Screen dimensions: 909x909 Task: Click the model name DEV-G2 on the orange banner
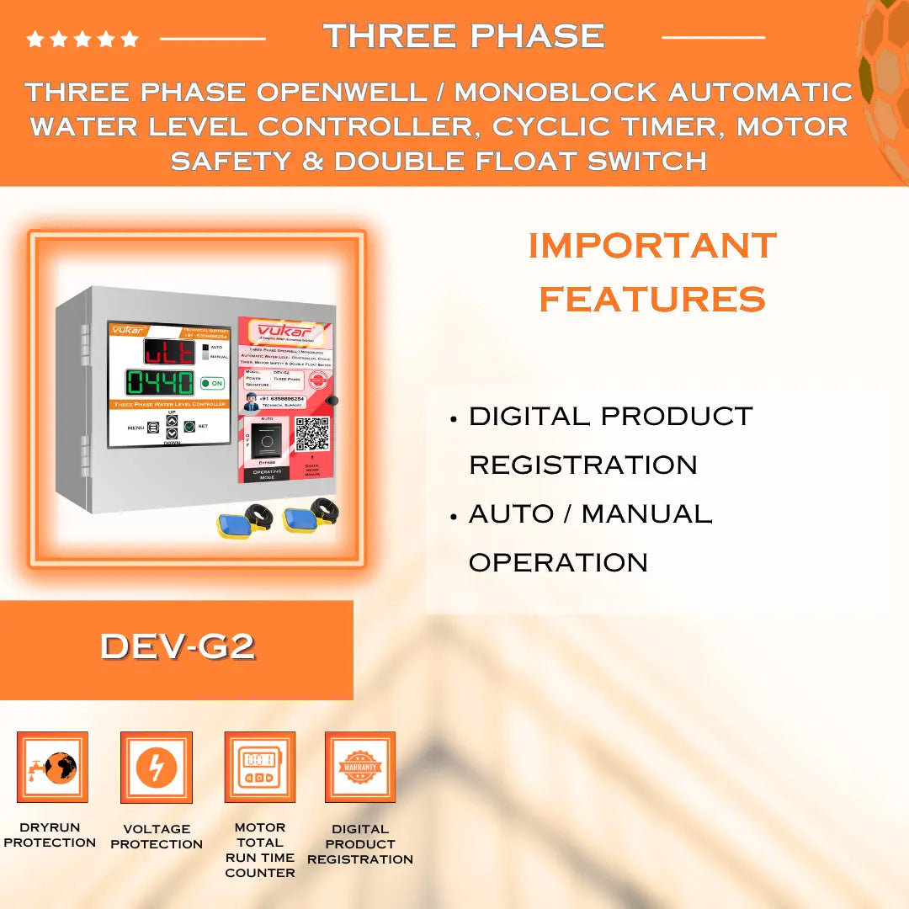177,646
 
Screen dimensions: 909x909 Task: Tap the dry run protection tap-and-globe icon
52,767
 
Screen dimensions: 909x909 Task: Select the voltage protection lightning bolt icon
157,767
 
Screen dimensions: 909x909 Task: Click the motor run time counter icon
259,767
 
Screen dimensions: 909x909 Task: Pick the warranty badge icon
360,767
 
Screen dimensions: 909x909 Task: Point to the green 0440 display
160,383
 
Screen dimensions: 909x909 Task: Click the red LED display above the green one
168,351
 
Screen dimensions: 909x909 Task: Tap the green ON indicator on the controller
212,383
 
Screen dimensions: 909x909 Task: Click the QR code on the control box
311,434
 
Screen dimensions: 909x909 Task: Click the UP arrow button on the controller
172,420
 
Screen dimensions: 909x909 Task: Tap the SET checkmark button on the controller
190,427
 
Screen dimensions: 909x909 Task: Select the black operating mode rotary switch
268,439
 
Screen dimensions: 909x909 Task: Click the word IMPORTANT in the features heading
652,246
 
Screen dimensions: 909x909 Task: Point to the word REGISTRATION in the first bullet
582,465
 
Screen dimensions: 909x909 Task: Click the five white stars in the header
82,39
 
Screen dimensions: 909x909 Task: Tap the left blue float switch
237,522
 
